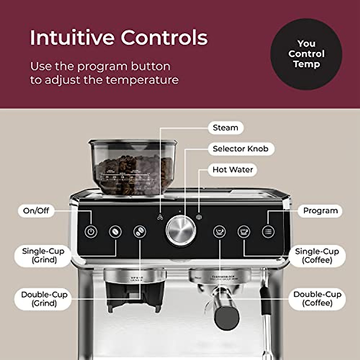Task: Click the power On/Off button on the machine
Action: (x=91, y=232)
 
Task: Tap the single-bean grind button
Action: (x=115, y=232)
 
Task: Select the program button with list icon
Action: (x=268, y=232)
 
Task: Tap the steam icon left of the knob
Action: (x=160, y=217)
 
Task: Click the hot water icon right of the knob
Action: (x=199, y=217)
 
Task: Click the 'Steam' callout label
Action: (x=225, y=128)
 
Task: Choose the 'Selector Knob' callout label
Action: (x=241, y=149)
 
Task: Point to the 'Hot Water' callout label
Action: (x=232, y=170)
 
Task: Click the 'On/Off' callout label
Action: (x=36, y=211)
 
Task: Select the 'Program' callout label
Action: (x=320, y=211)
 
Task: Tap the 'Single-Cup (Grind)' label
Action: (x=43, y=255)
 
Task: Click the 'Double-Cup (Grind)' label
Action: (x=44, y=299)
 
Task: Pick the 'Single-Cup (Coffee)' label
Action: (x=317, y=256)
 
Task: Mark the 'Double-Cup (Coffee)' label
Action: (x=317, y=299)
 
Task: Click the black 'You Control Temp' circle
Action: (x=306, y=54)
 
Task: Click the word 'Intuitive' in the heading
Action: (x=72, y=37)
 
